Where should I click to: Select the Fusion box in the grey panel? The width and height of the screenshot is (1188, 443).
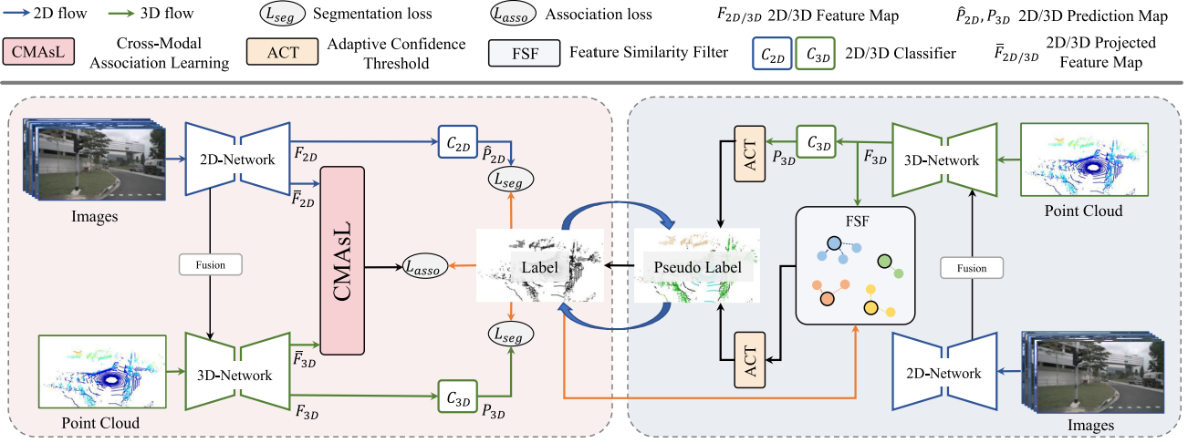tap(974, 267)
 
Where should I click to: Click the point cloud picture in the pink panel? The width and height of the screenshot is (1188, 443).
tap(100, 372)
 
